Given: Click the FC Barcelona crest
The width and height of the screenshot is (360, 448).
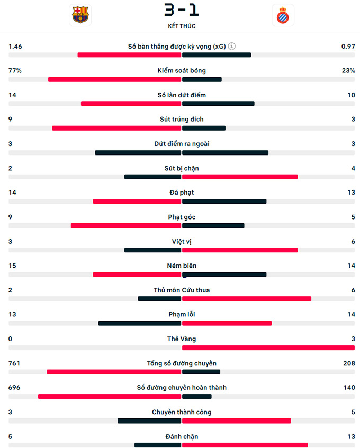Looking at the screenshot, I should (x=80, y=15).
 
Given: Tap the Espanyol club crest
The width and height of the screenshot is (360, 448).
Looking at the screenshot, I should (x=282, y=15).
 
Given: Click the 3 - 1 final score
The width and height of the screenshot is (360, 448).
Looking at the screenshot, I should (x=182, y=10).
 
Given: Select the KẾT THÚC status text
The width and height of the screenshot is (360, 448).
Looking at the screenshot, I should (x=182, y=26).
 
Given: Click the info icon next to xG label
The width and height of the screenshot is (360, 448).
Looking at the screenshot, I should (x=232, y=46).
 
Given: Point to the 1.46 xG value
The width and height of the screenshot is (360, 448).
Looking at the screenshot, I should (x=15, y=47).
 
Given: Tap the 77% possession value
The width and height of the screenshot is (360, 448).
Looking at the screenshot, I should (x=15, y=70).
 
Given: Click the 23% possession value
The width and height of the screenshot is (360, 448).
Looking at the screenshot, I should (x=348, y=70).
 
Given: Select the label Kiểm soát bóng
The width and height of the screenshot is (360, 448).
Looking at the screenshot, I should (x=182, y=70).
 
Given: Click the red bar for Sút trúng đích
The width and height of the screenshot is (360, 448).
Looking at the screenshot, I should (x=116, y=128).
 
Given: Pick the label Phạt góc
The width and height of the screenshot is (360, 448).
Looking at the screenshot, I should (x=182, y=217).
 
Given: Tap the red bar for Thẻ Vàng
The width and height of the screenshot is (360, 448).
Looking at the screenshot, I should (x=268, y=348).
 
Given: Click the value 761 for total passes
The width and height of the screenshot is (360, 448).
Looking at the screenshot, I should (x=14, y=363).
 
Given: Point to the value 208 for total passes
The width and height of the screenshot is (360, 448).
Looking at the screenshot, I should (x=349, y=363).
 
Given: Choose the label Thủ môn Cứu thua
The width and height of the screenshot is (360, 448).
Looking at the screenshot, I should (x=182, y=290).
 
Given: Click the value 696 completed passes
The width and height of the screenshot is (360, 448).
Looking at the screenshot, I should (x=14, y=388).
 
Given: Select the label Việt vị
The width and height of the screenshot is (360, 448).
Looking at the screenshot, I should (x=182, y=241).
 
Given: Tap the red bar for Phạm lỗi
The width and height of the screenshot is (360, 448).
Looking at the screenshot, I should (x=227, y=323).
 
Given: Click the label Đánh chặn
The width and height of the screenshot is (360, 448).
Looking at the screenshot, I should (x=182, y=436).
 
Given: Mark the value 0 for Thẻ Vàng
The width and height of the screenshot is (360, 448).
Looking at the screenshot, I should (x=11, y=339).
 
